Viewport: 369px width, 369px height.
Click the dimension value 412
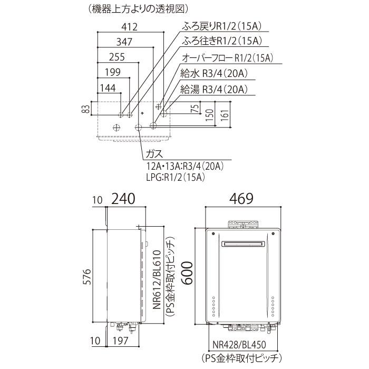[130, 27]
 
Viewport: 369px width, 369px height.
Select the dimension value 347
[124, 42]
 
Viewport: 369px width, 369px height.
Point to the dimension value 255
[117, 57]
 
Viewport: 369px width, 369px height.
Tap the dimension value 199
[113, 72]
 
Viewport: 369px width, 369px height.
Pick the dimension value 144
[108, 88]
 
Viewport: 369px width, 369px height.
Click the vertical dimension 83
[87, 109]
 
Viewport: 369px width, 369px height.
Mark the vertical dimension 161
[225, 115]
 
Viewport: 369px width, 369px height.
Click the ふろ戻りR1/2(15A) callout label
[222, 26]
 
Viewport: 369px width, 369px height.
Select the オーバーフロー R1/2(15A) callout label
[227, 58]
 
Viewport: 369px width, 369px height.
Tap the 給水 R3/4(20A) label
[214, 74]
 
